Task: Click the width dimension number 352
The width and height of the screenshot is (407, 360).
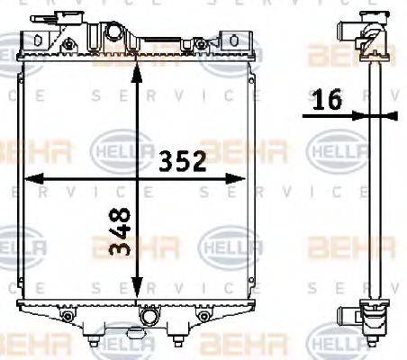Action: point(183,162)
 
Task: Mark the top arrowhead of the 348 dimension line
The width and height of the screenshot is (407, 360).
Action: point(136,64)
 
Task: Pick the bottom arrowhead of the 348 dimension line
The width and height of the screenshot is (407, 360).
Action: point(136,294)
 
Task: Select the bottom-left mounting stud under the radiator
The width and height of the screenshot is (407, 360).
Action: point(95,339)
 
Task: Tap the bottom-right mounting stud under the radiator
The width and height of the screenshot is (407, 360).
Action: point(176,339)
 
